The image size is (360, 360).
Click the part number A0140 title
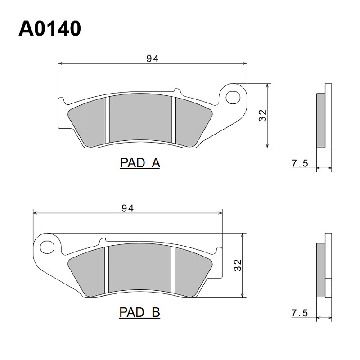click(x=49, y=29)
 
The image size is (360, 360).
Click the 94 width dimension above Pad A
click(x=153, y=59)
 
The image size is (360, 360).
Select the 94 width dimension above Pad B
click(x=128, y=208)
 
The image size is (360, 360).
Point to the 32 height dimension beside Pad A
click(x=263, y=116)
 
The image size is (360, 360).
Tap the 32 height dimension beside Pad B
click(x=238, y=265)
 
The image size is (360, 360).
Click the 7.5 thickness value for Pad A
click(x=300, y=163)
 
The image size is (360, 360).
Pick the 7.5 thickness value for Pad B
click(x=300, y=313)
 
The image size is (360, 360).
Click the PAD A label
click(x=140, y=163)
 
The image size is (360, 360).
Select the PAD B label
click(x=139, y=312)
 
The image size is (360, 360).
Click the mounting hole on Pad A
click(x=233, y=98)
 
